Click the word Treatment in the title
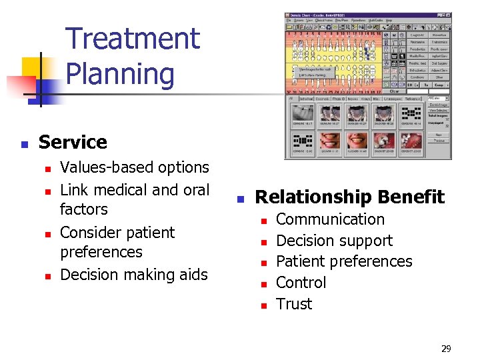(133, 39)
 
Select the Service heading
(73, 142)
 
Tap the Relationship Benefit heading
(349, 197)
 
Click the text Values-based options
(134, 167)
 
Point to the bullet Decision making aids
(133, 274)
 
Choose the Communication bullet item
(330, 219)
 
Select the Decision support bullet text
(334, 241)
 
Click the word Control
(301, 283)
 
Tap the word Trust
(294, 304)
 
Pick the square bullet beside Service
(24, 143)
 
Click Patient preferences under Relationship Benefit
(344, 261)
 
